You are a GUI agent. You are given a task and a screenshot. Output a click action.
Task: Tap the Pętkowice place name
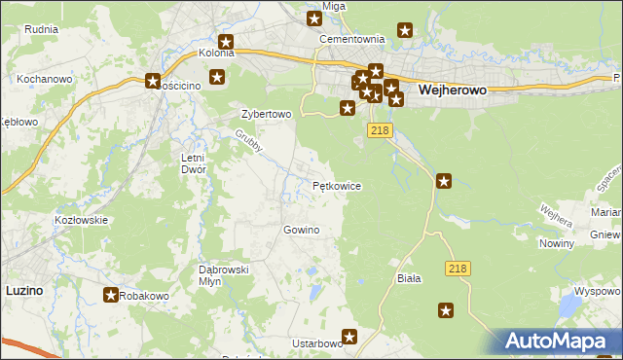point(337,185)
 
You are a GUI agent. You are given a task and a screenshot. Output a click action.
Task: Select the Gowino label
point(301,230)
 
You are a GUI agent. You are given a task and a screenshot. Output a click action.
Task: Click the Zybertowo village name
point(266,114)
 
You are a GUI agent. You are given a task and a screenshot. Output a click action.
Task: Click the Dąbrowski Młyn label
point(225,274)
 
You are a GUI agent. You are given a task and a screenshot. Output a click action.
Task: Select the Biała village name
point(409,278)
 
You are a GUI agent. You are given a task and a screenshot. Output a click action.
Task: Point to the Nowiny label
point(556,243)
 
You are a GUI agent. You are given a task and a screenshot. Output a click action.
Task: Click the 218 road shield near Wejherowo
point(381,129)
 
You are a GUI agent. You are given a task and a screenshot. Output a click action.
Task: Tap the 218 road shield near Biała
point(458,268)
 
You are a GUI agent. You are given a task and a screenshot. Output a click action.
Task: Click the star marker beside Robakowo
point(110,294)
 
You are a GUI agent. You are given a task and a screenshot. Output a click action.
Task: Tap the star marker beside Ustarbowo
point(350,337)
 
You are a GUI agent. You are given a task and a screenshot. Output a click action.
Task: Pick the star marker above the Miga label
point(315,18)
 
